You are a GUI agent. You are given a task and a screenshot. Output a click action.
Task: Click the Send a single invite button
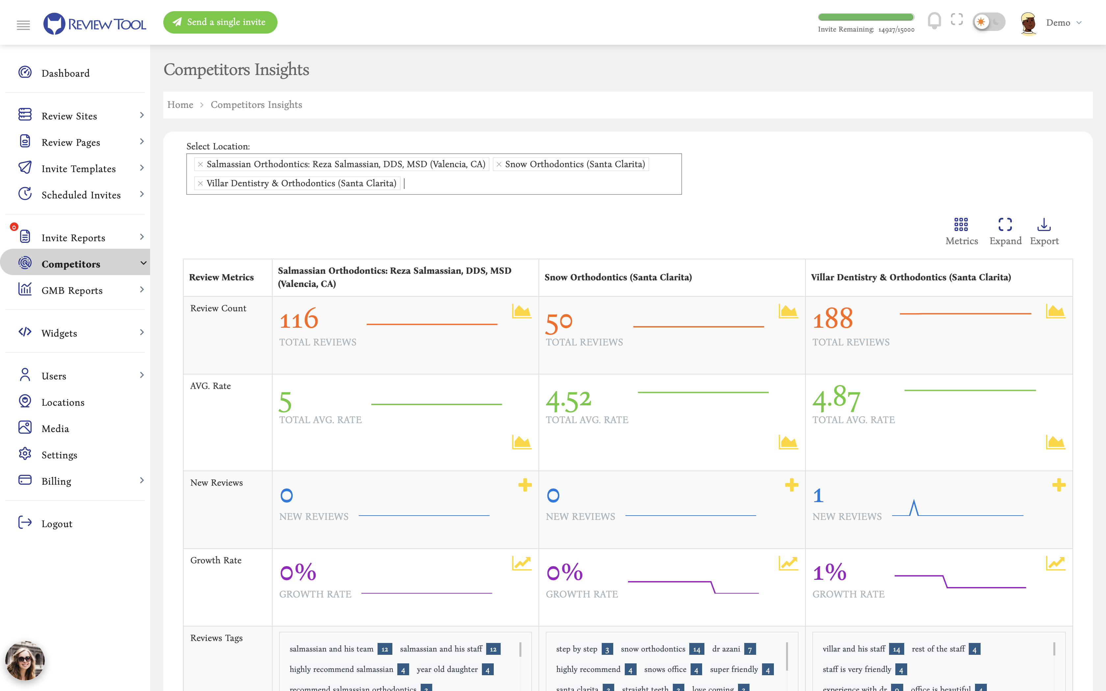click(220, 22)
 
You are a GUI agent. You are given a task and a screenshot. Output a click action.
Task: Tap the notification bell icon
click(934, 20)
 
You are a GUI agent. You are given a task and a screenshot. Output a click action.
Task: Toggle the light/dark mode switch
click(988, 21)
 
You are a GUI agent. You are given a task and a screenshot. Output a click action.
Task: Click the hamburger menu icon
click(23, 25)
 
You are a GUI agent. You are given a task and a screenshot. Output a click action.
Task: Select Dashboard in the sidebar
click(66, 73)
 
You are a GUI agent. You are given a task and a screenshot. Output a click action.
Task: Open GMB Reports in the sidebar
click(72, 290)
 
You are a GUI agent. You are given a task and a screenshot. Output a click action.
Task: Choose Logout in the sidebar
click(57, 524)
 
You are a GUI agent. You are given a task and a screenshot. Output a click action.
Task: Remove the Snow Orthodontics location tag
click(499, 165)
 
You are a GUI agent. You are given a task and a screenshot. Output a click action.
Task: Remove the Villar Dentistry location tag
click(200, 183)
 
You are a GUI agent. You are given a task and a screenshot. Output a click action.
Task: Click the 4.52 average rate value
click(568, 401)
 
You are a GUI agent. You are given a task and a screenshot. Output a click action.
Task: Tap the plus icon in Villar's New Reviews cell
click(1059, 485)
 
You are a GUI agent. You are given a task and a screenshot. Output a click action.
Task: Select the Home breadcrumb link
click(180, 105)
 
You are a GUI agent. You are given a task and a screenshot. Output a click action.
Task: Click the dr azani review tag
click(726, 649)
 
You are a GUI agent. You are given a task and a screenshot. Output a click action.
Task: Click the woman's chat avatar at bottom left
click(25, 661)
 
